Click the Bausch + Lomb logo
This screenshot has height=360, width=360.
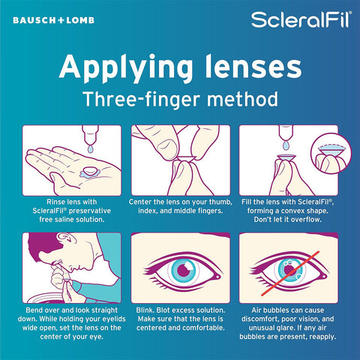click(x=54, y=20)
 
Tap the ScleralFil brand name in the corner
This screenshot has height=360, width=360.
click(x=301, y=19)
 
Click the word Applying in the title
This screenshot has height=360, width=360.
click(x=126, y=68)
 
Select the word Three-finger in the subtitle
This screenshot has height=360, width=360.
click(x=142, y=99)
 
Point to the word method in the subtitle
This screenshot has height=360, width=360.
click(x=242, y=99)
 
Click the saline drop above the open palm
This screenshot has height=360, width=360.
click(x=90, y=149)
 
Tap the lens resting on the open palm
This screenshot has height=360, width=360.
click(x=90, y=171)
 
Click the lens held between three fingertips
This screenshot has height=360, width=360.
click(x=185, y=158)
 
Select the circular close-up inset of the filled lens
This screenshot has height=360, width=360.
click(x=331, y=153)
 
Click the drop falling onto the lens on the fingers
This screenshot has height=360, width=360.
click(x=286, y=145)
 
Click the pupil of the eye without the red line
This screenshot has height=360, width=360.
click(x=184, y=271)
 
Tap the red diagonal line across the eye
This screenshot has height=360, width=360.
click(x=290, y=274)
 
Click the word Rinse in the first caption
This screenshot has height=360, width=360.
click(x=54, y=202)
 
